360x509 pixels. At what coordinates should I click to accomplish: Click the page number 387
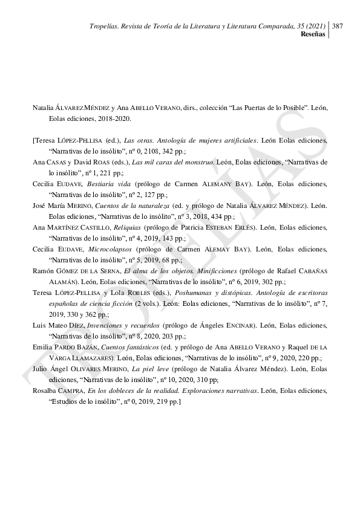(338, 26)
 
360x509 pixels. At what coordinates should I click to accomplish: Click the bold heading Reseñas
(313, 34)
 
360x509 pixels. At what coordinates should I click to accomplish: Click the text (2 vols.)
(148, 303)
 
